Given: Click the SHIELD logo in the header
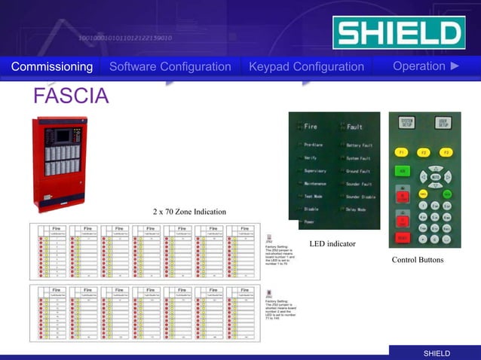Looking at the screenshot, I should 398,33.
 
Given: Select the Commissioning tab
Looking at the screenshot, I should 52,67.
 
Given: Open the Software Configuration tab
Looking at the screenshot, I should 170,67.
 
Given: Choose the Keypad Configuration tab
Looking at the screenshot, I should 306,67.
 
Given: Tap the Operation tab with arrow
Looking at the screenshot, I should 426,66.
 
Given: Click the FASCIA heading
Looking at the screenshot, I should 72,96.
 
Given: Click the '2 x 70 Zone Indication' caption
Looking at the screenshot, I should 189,212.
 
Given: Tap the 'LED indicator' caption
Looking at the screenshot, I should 332,244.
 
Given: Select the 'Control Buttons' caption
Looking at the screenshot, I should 418,260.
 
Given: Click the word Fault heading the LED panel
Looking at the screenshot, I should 355,127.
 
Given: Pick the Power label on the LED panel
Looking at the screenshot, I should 310,222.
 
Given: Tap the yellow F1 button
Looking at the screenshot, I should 403,153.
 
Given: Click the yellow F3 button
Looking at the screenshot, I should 446,153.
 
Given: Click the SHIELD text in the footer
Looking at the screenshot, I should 437,353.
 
